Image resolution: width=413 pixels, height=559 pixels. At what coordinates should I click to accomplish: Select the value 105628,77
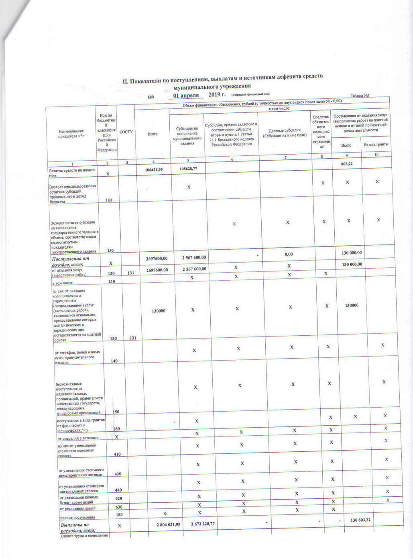[187, 169]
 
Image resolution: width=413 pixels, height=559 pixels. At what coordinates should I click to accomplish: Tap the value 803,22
[346, 164]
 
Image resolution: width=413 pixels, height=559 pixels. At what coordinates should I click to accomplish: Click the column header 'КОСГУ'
[126, 132]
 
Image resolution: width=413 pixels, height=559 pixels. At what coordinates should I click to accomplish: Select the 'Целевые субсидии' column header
[285, 133]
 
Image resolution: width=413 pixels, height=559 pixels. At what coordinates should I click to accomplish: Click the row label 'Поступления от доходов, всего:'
[71, 261]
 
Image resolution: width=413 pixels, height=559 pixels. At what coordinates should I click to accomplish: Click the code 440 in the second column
[118, 490]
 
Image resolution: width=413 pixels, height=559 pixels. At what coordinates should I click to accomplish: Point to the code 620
[118, 499]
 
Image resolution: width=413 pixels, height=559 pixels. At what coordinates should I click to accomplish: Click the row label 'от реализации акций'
[77, 508]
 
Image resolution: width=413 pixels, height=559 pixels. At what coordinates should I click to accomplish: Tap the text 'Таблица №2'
[360, 96]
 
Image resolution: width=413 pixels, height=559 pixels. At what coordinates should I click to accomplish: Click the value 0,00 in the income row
[288, 254]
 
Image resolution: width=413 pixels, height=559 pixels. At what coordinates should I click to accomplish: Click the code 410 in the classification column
[117, 454]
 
